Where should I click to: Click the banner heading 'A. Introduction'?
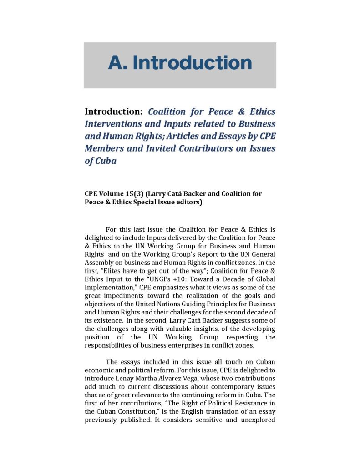coord(180,62)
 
